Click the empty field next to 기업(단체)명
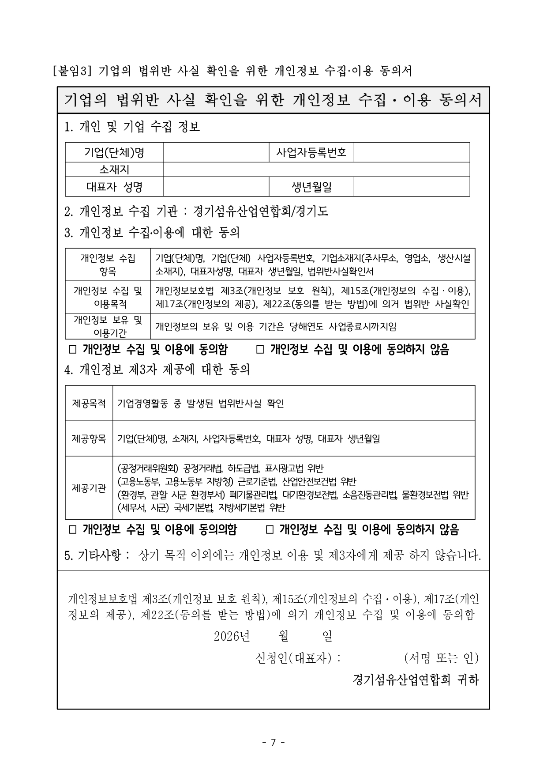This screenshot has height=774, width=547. (x=216, y=152)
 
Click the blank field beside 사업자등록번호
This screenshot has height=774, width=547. (x=412, y=152)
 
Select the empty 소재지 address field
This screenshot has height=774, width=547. (x=316, y=170)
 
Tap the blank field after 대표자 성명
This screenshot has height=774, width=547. (x=216, y=187)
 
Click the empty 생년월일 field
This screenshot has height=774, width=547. (x=412, y=187)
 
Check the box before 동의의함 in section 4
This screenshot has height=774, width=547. (x=73, y=529)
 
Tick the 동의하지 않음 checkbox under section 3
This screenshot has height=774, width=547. (x=260, y=350)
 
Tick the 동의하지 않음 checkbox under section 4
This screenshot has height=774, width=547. (x=270, y=529)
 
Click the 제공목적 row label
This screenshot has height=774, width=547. (x=89, y=404)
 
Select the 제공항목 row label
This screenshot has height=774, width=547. (x=89, y=439)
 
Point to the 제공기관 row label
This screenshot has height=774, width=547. (x=89, y=488)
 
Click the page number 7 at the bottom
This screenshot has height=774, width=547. (x=273, y=743)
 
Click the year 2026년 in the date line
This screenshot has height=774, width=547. (x=232, y=636)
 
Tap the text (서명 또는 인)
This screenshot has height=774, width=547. (x=441, y=658)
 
